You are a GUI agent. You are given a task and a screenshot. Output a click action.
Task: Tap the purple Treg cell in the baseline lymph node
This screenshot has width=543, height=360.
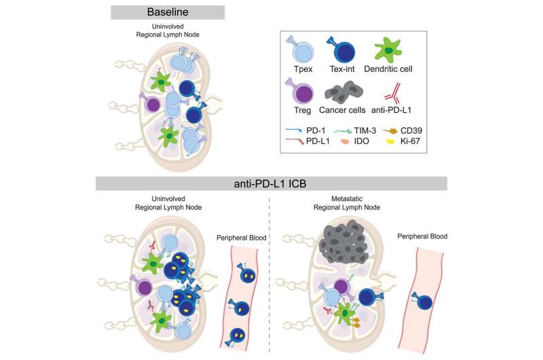pyautogui.click(x=153, y=105)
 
